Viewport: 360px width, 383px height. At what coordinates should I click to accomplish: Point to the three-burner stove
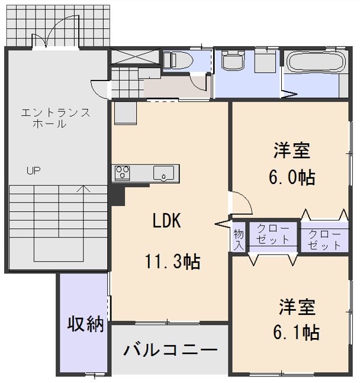point(123,173)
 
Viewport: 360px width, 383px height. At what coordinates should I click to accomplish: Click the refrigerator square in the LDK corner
point(125,112)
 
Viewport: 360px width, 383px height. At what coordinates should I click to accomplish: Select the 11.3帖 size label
point(172,260)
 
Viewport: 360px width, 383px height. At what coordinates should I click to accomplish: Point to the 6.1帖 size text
point(297,332)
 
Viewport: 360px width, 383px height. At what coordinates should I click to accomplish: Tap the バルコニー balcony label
point(170,349)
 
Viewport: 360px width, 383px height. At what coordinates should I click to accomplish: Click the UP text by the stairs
point(33,170)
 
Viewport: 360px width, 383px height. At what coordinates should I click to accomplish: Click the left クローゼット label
point(273,234)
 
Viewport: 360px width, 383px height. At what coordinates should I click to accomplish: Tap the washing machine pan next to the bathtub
point(265,62)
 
